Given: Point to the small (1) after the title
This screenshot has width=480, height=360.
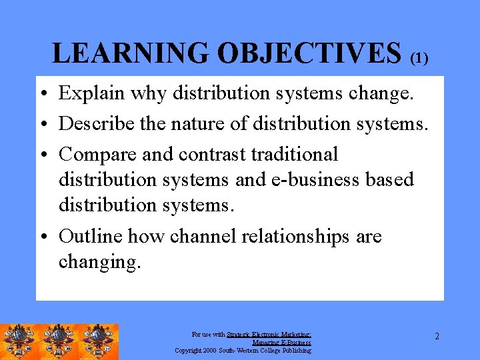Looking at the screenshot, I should tap(419, 59).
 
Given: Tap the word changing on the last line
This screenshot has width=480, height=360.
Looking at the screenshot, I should tap(99, 262).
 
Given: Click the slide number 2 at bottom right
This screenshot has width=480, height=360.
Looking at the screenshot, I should tap(437, 336).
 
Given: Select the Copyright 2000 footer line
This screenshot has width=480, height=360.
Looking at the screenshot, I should tap(243, 350).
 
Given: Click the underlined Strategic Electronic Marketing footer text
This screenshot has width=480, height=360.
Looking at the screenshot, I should tap(269, 335).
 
